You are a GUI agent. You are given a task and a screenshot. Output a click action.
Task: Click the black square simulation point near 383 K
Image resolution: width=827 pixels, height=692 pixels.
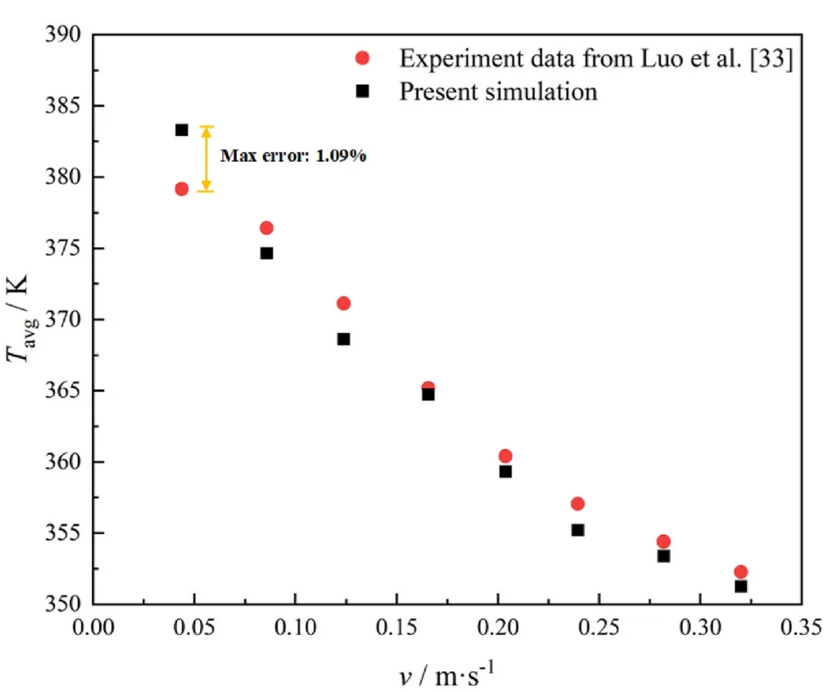tap(181, 130)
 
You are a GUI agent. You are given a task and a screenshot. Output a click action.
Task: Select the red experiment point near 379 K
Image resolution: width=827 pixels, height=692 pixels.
tap(181, 189)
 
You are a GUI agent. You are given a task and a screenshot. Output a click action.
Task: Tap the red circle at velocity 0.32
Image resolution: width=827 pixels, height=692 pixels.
tap(740, 571)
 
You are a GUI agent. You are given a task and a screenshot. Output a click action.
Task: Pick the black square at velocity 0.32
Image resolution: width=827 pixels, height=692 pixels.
tap(740, 586)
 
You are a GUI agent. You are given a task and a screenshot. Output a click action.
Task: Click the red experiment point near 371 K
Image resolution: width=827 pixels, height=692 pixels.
tap(343, 303)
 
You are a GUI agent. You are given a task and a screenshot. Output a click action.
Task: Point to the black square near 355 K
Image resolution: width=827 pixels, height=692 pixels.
tap(578, 530)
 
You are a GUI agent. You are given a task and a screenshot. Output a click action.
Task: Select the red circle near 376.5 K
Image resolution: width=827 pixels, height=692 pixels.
tap(266, 228)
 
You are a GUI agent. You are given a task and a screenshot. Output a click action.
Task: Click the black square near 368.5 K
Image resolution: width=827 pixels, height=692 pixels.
tap(343, 339)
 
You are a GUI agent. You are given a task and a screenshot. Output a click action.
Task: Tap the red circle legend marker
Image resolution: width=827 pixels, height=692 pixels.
tap(362, 58)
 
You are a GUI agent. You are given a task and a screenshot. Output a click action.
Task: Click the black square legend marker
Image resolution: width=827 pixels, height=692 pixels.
tap(362, 91)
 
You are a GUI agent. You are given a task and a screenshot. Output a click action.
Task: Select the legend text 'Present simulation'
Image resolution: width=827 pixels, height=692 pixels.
tap(498, 91)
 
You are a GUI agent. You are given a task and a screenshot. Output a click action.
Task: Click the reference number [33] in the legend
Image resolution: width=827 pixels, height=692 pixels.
tap(771, 59)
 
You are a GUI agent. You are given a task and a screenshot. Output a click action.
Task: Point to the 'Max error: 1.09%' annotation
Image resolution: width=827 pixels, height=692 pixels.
tap(293, 156)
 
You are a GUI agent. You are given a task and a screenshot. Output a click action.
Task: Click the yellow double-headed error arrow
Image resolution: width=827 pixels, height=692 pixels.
tap(206, 159)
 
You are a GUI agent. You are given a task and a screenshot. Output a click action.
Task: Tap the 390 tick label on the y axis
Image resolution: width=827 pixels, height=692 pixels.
tap(63, 35)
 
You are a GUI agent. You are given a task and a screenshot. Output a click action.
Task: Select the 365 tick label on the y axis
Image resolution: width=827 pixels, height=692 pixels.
tap(63, 390)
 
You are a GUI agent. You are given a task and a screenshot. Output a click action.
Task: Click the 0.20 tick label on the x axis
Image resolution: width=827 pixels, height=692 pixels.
tap(498, 627)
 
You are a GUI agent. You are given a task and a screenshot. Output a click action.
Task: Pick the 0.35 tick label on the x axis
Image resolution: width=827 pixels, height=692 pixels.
tap(801, 627)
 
